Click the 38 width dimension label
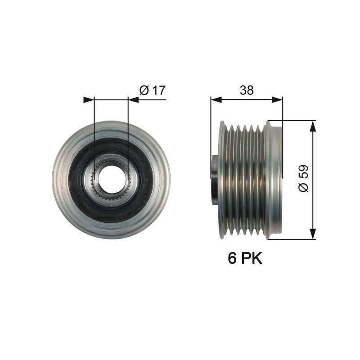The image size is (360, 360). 246,90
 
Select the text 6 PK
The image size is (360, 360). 245,259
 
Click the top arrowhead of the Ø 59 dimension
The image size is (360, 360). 312,126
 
